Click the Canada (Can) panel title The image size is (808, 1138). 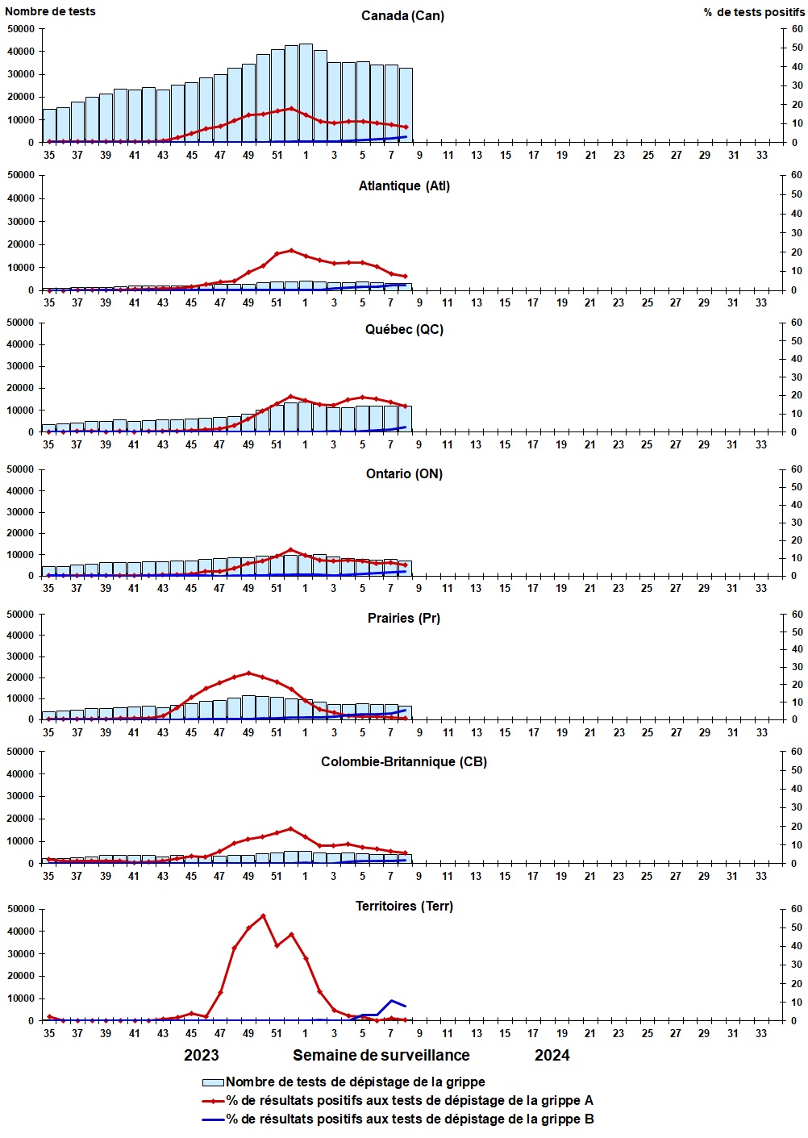coord(402,16)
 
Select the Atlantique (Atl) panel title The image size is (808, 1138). coord(404,186)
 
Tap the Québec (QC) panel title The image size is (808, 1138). coord(403,330)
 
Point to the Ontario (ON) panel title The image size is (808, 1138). coord(404,474)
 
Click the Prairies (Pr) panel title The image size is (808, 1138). coord(404,619)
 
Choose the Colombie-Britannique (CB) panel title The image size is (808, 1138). coord(404,762)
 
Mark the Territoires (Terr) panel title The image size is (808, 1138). coord(404,907)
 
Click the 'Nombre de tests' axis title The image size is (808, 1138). coord(50,11)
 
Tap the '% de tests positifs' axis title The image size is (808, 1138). coord(753,12)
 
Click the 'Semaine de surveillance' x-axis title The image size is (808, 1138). coord(381,1056)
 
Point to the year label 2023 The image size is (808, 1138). coord(201,1056)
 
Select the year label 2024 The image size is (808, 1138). coord(552,1056)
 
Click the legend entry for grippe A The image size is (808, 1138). coord(410,1101)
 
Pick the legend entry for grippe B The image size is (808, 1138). coord(410,1119)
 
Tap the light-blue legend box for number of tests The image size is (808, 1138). coord(213,1082)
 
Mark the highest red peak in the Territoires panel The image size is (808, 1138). coord(263,915)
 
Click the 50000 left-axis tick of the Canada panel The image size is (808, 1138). coord(21,29)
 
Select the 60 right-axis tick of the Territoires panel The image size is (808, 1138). coord(797,909)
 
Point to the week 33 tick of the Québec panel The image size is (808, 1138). coord(761,444)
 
